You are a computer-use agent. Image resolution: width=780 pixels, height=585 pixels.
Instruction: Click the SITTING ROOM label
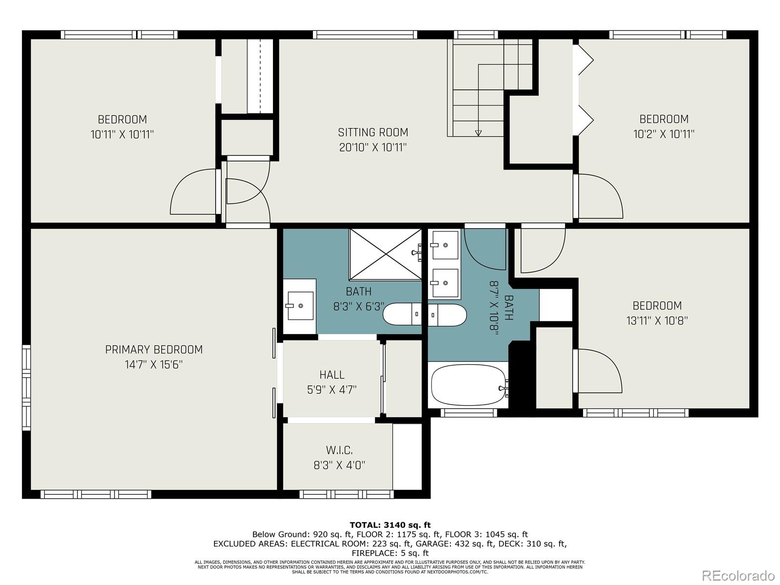point(373,133)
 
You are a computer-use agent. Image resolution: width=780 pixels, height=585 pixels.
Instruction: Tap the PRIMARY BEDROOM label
point(154,350)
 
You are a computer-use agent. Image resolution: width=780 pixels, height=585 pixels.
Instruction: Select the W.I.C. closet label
point(339,450)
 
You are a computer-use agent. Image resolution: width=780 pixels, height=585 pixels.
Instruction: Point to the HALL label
point(332,375)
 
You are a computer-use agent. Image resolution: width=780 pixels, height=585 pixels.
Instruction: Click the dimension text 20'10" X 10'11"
point(373,147)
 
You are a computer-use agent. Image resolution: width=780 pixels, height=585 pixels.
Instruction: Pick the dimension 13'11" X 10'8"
point(657,321)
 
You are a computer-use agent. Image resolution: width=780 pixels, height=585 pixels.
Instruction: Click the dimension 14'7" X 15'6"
point(154,365)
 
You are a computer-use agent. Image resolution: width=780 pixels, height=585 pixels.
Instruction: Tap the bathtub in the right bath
point(468,385)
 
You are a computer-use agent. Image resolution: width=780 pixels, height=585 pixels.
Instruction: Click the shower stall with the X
point(386,254)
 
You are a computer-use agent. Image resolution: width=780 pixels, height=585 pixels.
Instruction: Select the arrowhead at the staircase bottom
point(478,133)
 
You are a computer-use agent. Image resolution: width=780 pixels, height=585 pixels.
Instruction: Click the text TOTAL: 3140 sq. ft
point(390,525)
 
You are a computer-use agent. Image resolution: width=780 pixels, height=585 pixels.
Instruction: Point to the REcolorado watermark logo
point(739,575)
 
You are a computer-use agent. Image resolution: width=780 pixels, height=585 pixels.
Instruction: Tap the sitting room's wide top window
point(365,35)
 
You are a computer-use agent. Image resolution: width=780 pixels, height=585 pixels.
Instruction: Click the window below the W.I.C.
point(347,494)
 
